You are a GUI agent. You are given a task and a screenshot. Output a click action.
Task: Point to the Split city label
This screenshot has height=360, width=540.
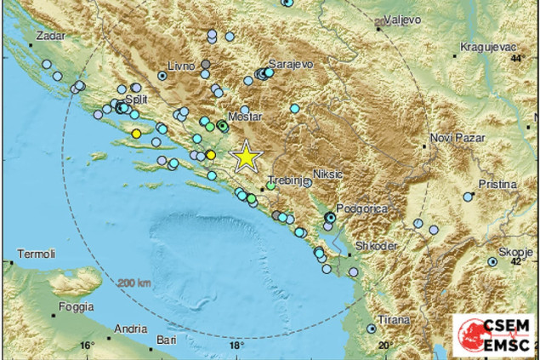tap(124, 99)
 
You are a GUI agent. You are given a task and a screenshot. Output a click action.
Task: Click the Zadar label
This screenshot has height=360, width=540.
tap(50, 37)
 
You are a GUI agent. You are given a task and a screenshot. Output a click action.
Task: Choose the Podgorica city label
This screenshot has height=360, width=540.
tap(361, 208)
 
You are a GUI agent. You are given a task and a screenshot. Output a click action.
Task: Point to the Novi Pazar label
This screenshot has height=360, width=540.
tap(458, 137)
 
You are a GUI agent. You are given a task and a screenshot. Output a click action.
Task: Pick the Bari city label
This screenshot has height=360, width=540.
tap(166, 340)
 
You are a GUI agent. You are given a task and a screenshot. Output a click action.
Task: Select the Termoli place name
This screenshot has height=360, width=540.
tap(37, 254)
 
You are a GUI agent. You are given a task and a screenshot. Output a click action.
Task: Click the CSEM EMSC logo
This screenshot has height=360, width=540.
tap(493, 334)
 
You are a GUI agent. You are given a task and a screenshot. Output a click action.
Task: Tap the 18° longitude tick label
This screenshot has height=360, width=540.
tap(236, 346)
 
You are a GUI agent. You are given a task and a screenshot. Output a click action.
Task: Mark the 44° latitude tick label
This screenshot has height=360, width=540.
tap(519, 59)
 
